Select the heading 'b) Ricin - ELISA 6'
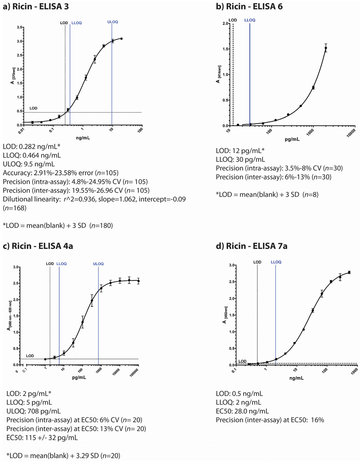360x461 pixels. click(x=249, y=6)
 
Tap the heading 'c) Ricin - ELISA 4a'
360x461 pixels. click(x=38, y=246)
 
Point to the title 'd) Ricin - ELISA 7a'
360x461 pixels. click(x=251, y=246)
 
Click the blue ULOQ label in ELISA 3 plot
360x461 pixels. click(x=112, y=22)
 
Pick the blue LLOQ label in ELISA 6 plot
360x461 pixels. click(x=250, y=20)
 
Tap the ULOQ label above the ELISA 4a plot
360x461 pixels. click(x=98, y=264)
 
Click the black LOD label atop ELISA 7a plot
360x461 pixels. click(x=257, y=262)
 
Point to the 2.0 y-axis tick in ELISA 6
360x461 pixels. click(x=225, y=24)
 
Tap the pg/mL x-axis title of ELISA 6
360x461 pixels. click(x=292, y=139)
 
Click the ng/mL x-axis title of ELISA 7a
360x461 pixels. click(x=297, y=378)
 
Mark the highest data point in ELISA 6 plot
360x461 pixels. click(x=326, y=48)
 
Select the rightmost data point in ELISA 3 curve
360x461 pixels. click(x=121, y=38)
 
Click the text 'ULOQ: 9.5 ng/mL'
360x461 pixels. click(x=29, y=164)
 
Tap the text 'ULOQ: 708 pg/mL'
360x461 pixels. click(x=33, y=411)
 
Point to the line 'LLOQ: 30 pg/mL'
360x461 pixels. click(x=240, y=159)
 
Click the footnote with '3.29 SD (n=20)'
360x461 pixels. click(x=63, y=456)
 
